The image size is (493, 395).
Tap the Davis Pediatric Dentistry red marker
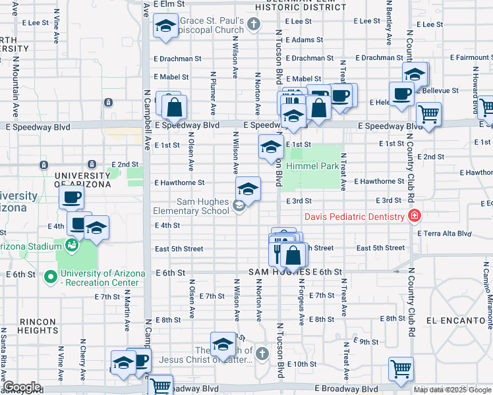[x=414, y=216]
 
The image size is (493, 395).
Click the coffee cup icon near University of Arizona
[x=72, y=197]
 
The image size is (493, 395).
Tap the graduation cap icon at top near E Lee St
[x=164, y=26]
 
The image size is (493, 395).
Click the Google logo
[x=22, y=387]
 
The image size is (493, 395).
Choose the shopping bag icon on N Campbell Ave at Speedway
[x=175, y=107]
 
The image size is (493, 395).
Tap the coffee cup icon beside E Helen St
[x=401, y=93]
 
